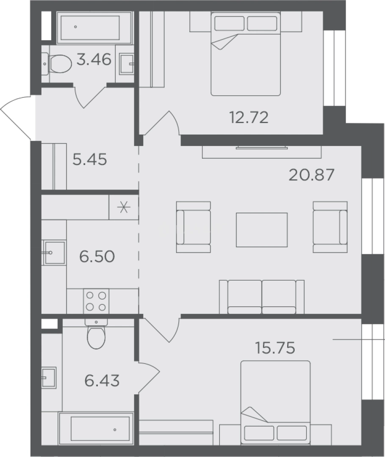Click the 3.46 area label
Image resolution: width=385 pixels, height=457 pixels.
coord(94,60)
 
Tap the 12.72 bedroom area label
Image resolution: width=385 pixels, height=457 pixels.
coord(249,118)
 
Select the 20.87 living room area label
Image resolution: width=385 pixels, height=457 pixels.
coord(311,175)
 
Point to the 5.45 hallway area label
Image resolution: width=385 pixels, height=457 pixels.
coord(89,160)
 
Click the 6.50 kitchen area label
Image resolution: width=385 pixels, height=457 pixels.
coord(97,256)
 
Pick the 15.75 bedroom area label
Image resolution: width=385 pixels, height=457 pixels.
coord(275,348)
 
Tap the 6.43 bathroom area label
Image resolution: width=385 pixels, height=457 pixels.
coord(102,381)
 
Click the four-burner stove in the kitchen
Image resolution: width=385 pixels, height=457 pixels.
coord(96,301)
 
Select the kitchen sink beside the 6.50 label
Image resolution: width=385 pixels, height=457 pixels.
coord(54,252)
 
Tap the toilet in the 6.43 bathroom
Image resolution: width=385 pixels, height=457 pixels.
coord(96,334)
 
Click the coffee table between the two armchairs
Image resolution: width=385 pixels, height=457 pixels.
coord(262,230)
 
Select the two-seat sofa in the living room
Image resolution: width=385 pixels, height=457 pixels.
coord(262,297)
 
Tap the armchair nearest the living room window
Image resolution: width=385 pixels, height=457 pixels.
coord(330,227)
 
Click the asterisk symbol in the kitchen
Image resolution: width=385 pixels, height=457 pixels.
coord(124,207)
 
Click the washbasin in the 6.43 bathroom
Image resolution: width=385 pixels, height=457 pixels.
coord(48,378)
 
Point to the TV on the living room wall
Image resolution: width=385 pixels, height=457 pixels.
coord(262,148)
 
